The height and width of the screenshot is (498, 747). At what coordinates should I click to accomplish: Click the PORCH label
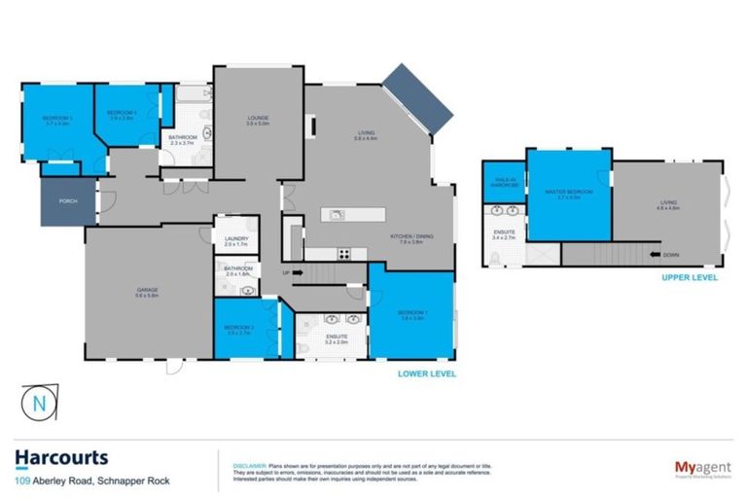pos(67,202)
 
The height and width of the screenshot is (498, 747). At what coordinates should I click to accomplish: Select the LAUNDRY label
pos(236,240)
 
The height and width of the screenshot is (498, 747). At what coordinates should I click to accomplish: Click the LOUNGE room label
pos(257,119)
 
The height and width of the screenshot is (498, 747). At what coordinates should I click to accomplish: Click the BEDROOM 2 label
pos(239,329)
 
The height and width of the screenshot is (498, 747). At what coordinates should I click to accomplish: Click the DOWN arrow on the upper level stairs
pos(670,256)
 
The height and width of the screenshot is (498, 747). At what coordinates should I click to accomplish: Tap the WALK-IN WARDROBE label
pos(505,182)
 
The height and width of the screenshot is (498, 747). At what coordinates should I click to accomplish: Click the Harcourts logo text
pos(61,457)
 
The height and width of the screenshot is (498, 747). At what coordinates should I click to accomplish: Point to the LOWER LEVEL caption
pos(426,373)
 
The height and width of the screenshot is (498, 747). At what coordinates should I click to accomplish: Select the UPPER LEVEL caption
pos(690,277)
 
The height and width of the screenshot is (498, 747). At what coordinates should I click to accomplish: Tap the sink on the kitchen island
pos(337,215)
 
